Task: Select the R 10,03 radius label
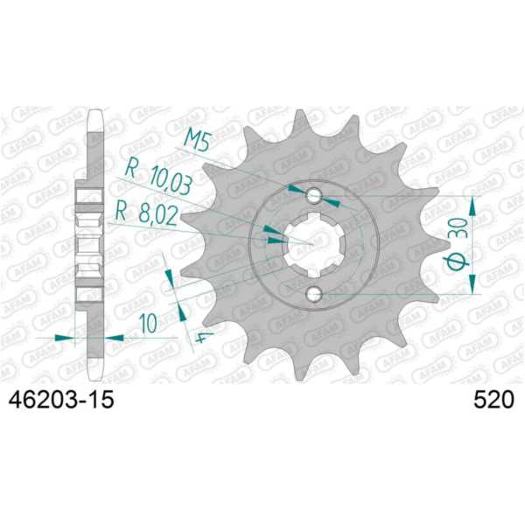click(x=158, y=174)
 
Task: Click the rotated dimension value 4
click(x=200, y=338)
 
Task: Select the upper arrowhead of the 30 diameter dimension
click(x=473, y=202)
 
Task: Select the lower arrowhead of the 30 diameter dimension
click(x=473, y=287)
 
